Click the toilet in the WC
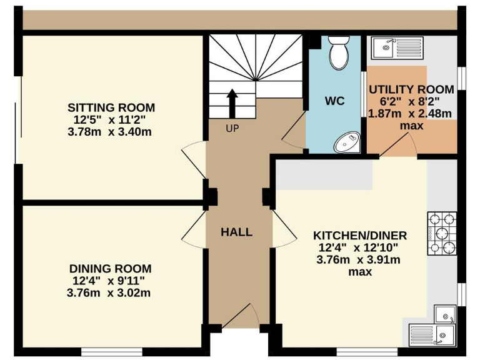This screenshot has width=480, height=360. click(339, 52)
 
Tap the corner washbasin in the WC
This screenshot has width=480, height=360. click(347, 142)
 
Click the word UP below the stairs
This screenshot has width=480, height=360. click(232, 129)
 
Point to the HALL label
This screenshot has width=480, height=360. click(237, 232)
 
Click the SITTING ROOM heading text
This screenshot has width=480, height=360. click(111, 107)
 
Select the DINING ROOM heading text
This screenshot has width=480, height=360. click(110, 269)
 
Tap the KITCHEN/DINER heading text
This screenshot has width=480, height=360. click(360, 236)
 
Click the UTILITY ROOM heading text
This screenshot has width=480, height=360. click(411, 89)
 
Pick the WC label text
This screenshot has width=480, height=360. click(334, 101)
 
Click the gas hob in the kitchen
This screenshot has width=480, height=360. click(442, 234)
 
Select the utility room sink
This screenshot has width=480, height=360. click(397, 47)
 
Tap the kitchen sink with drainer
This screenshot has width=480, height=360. click(432, 334)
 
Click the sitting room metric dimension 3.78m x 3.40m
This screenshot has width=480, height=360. click(109, 132)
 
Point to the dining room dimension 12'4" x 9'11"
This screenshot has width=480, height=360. click(108, 281)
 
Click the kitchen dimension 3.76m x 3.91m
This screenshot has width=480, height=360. click(358, 260)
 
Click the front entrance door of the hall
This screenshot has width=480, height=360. click(240, 315)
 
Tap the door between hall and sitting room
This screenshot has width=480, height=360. click(194, 160)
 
